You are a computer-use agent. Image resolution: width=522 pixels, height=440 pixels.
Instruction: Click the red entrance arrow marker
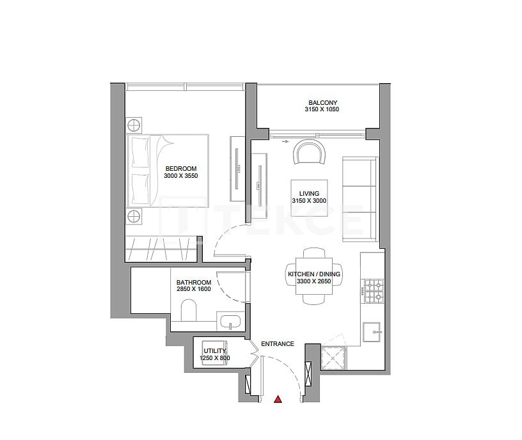coord(278,400)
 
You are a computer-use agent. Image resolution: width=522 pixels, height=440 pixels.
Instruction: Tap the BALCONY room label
coord(322,102)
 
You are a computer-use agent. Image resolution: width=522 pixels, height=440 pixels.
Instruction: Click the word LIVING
coord(309,193)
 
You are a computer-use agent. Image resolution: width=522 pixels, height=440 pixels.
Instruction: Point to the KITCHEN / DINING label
coord(314,274)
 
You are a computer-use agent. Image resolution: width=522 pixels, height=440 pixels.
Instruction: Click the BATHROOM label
coord(194,282)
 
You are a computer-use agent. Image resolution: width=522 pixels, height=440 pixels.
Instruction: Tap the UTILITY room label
coord(214,351)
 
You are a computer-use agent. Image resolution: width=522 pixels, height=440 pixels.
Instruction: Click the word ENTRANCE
coord(277,344)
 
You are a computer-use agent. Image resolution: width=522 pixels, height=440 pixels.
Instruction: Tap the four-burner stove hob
coord(373,291)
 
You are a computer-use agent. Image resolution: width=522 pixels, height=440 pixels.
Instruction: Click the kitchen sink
coord(372,331)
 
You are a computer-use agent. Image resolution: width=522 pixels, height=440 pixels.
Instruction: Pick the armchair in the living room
coord(308,153)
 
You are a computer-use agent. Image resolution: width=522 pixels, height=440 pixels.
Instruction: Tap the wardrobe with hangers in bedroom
coord(160,247)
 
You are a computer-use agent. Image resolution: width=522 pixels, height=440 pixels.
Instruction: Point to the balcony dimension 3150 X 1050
coord(322,109)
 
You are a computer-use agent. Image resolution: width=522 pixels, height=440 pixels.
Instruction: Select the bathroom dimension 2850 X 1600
coord(194,289)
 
